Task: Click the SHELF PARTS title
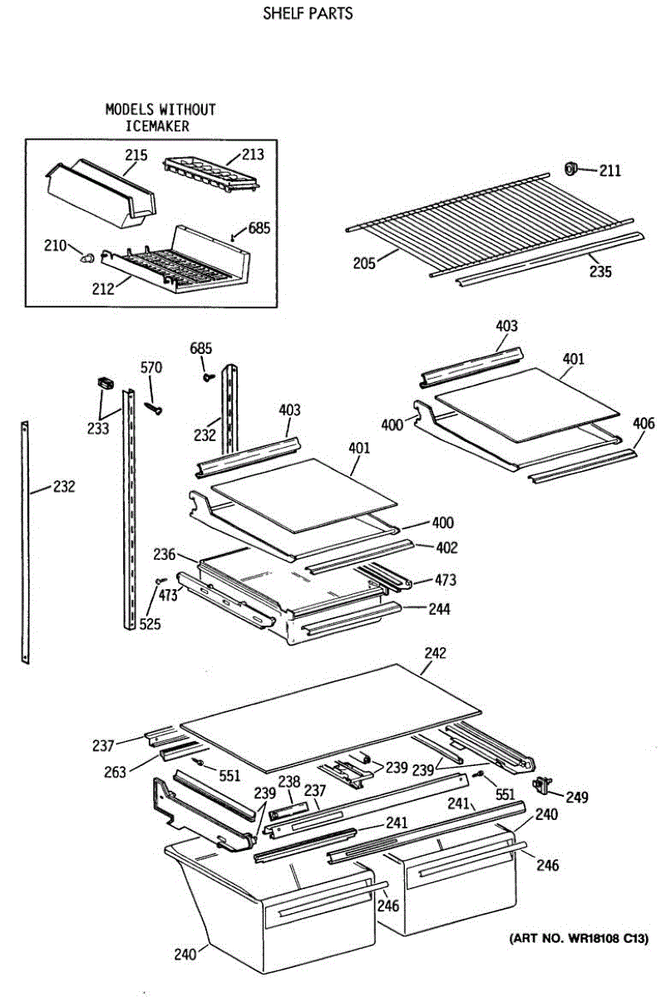(308, 13)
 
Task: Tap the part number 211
(609, 171)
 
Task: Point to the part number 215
(136, 155)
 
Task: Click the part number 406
(643, 424)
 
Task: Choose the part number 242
(435, 653)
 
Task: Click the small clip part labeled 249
(546, 782)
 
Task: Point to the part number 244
(439, 609)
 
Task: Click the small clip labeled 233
(105, 382)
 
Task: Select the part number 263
(116, 772)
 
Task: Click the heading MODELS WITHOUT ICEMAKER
(160, 117)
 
